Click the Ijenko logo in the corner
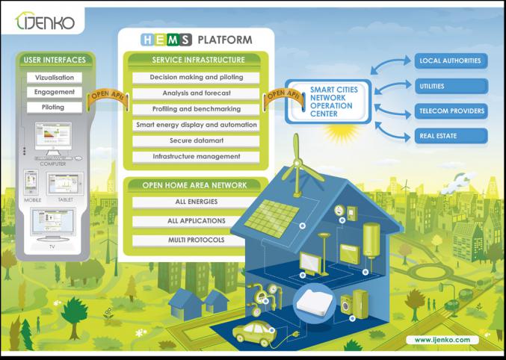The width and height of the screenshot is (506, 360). click(x=46, y=22)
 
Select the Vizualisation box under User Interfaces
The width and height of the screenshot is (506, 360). click(x=55, y=78)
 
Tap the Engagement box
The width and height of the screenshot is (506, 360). click(x=55, y=93)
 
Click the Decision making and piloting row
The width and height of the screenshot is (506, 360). click(x=196, y=77)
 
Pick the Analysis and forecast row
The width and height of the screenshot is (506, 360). click(x=196, y=93)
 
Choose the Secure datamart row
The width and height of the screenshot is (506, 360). click(x=196, y=140)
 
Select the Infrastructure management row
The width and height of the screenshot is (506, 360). click(x=196, y=157)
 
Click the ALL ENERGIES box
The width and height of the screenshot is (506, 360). click(x=196, y=202)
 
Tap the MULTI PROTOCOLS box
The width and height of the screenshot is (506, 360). click(x=196, y=240)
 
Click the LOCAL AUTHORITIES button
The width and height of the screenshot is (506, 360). click(x=451, y=60)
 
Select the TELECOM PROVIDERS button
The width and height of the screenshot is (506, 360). click(x=451, y=111)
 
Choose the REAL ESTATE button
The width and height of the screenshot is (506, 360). click(x=451, y=136)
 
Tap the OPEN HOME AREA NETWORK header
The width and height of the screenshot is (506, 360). click(x=196, y=184)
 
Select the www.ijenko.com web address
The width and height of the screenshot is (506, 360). click(x=442, y=340)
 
